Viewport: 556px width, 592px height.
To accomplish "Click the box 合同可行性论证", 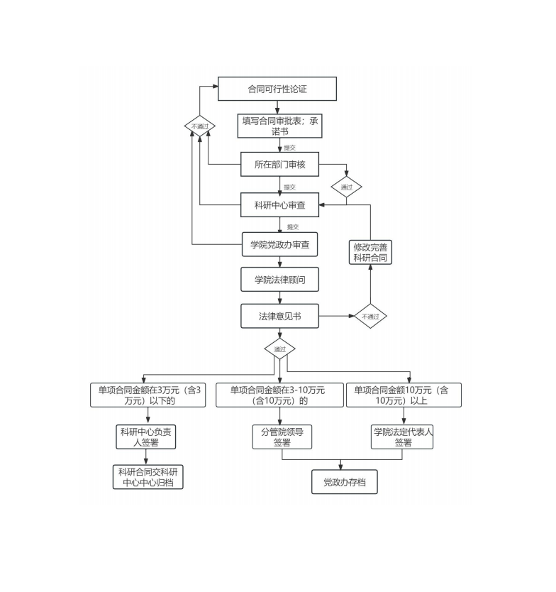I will [x=277, y=89].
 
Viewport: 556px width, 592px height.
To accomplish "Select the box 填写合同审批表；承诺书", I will [x=279, y=126].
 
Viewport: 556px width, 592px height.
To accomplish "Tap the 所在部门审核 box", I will [x=279, y=164].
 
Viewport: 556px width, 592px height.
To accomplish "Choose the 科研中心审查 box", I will [x=279, y=205].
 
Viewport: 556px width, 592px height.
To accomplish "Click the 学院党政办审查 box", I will [x=279, y=244].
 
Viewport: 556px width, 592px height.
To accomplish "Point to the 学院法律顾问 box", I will [x=279, y=279].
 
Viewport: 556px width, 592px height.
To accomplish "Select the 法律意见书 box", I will [x=279, y=316].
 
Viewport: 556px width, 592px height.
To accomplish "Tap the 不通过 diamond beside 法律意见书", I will [x=371, y=317].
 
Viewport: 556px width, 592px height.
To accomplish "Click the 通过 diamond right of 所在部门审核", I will [x=347, y=188].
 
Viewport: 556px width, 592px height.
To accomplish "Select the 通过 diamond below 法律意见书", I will [x=279, y=349].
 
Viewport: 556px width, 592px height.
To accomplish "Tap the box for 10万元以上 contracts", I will [x=403, y=395].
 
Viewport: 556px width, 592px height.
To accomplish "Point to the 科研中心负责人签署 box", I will [x=145, y=437].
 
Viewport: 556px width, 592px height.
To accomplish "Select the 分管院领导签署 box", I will [x=282, y=437].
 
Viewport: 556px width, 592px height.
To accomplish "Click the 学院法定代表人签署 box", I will [x=403, y=437].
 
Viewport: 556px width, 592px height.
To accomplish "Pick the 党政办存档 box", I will [x=345, y=483].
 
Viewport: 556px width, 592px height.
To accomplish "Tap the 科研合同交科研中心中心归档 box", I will [x=148, y=477].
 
